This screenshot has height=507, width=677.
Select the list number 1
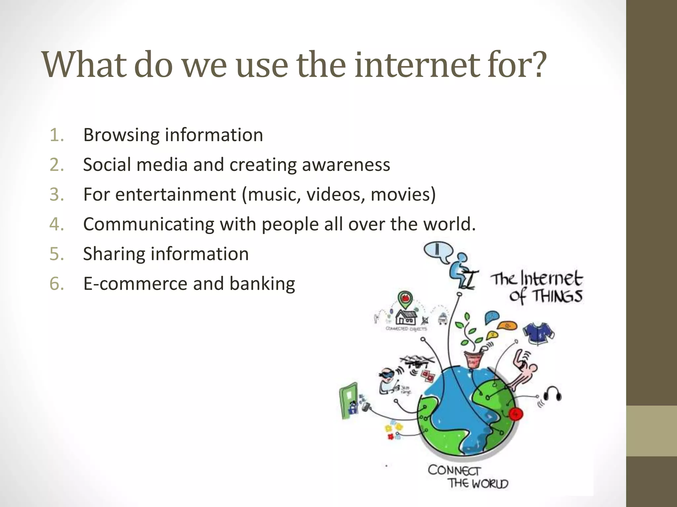(56, 135)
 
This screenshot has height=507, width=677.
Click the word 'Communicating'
(149, 224)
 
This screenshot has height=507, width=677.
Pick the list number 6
(56, 284)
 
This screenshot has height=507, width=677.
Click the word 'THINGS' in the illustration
(557, 296)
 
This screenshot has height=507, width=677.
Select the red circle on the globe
(515, 414)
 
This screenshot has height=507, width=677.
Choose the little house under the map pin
(406, 318)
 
